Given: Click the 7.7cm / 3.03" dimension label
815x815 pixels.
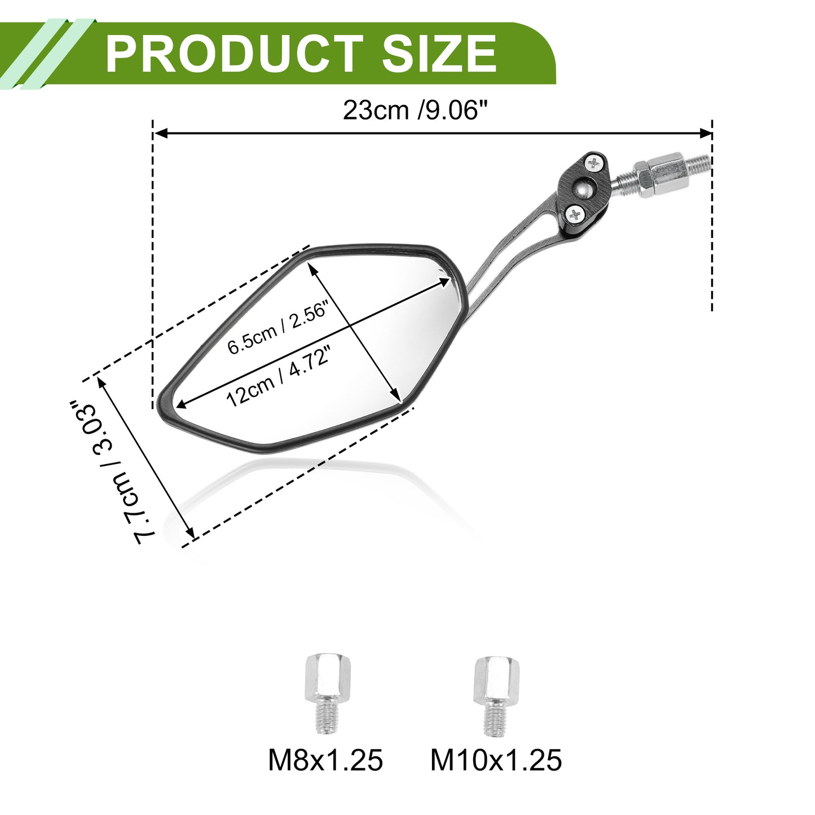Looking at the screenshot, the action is pyautogui.click(x=108, y=472).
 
